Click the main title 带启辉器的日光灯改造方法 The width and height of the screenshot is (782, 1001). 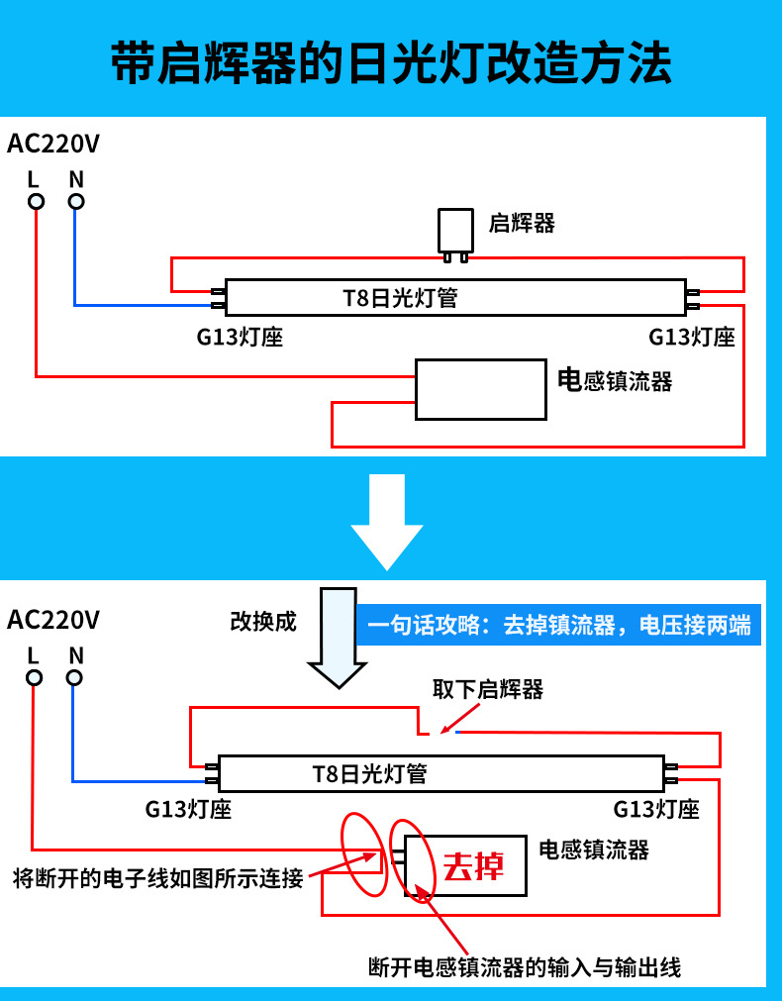point(391,64)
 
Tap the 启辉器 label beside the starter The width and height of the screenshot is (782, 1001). point(522,223)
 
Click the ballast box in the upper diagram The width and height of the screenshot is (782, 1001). point(480,389)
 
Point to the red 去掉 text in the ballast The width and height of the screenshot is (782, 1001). point(473,866)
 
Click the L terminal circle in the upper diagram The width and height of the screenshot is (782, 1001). point(36,202)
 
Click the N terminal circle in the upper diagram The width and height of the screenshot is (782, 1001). point(76,202)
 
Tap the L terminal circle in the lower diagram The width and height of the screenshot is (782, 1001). point(35,678)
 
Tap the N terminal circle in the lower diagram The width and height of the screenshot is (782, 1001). point(74,678)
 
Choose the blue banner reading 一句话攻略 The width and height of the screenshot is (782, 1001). point(558,626)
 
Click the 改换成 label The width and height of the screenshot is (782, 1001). point(263,622)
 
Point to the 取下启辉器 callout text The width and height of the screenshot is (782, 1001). point(488,689)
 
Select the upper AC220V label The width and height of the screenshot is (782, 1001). point(53,144)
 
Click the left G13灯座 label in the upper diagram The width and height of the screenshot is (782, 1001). point(241,337)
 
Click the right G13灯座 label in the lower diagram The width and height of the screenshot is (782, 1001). point(656,809)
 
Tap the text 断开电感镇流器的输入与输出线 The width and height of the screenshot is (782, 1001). point(524,967)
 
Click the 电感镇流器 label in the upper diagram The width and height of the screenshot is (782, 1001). point(615,381)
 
